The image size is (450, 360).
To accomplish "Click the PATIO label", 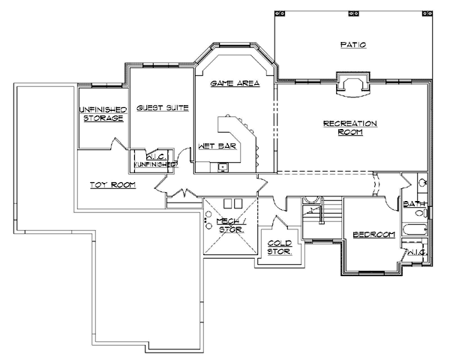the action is coord(353,45).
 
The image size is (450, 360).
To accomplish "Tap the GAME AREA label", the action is coord(235,83).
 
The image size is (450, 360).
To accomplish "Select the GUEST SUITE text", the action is coord(163,108).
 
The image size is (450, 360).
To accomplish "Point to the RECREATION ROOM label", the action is coord(350,127).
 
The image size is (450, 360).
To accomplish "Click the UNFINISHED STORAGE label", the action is coord(103,114).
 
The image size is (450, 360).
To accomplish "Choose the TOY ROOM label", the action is coord(112,185).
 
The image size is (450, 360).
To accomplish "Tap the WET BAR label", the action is coord(217,146).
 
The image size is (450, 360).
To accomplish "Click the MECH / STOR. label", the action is coord(232,225).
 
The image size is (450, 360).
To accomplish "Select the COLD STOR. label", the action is coord(280,247).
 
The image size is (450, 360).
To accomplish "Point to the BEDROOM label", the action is coord(374,235).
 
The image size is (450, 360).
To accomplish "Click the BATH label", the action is coord(414,204).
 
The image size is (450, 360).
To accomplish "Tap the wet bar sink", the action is coord(223,167).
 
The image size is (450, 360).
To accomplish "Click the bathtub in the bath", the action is coord(415,229).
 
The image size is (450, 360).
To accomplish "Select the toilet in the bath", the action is coord(421,213).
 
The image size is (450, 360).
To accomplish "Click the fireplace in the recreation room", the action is coord(353,85).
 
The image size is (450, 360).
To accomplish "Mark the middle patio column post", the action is coord(352,13).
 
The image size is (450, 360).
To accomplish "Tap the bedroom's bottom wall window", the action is coord(372,271).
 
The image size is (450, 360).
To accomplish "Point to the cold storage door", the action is coord(280,222).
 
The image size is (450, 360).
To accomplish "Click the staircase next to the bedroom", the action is coord(322,218).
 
